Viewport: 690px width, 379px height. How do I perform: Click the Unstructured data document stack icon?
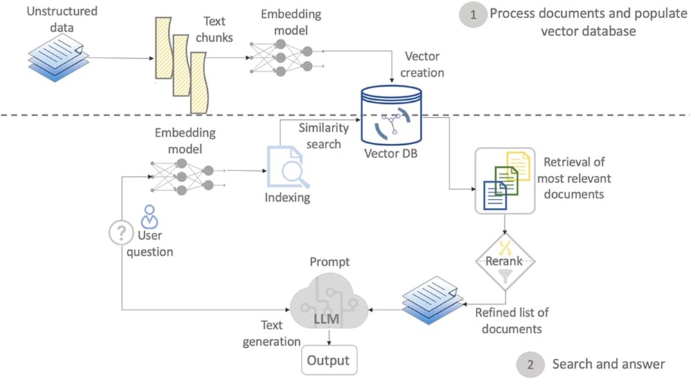click(x=58, y=59)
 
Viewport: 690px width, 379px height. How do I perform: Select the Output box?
click(x=328, y=361)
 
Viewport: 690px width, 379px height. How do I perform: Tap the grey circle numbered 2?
click(x=530, y=364)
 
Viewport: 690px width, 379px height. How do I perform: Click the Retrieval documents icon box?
click(x=504, y=180)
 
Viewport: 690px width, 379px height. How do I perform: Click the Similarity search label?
click(x=319, y=136)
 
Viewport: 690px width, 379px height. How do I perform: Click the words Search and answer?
click(x=608, y=364)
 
